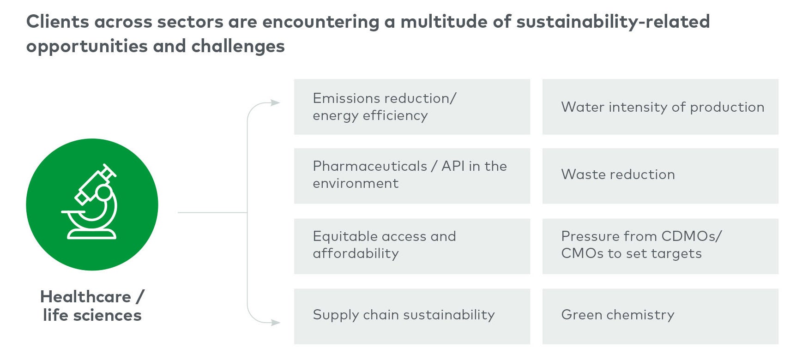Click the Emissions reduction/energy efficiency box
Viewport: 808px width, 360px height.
[x=412, y=107]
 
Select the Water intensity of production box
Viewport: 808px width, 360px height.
[x=660, y=107]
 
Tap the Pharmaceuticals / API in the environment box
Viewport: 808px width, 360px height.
[x=412, y=176]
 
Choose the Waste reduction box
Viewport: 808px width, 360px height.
[x=660, y=176]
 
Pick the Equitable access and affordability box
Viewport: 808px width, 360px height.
[x=412, y=246]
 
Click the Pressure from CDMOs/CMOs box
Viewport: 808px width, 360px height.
[x=660, y=246]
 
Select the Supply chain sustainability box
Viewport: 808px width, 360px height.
[x=412, y=316]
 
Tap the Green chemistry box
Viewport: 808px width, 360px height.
[x=660, y=316]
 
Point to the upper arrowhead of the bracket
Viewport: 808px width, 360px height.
[x=276, y=102]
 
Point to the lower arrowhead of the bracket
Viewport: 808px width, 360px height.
[x=276, y=323]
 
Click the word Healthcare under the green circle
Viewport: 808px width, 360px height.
[x=85, y=297]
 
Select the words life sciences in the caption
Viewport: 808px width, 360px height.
[x=92, y=315]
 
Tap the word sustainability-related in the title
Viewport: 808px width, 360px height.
[x=613, y=22]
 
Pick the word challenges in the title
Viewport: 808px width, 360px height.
[x=238, y=46]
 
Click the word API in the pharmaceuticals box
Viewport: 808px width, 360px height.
[x=453, y=166]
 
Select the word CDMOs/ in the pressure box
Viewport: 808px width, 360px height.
[x=692, y=236]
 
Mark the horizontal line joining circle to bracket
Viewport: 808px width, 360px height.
[x=212, y=212]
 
